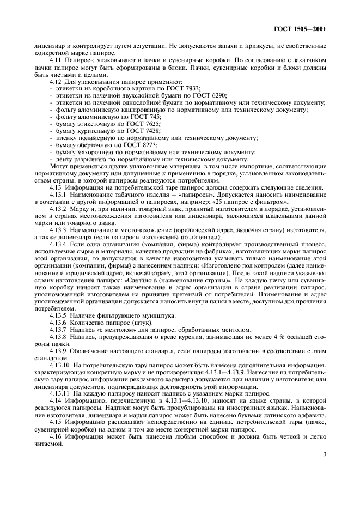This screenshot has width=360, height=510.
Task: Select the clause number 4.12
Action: pos(56,81)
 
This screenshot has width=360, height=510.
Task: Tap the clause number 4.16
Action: pos(56,435)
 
